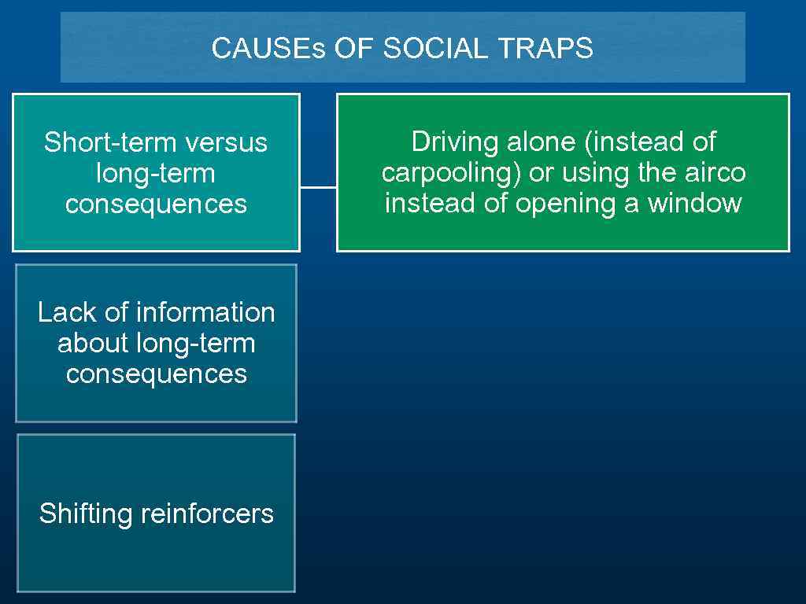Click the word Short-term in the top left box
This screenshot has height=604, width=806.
[109, 142]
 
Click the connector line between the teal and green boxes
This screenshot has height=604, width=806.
[318, 187]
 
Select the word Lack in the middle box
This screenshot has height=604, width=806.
[67, 312]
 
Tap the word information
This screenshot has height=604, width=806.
[205, 312]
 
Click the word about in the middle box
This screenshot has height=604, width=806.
[93, 343]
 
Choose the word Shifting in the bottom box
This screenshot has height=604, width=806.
[86, 514]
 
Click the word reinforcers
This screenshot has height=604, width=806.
[207, 514]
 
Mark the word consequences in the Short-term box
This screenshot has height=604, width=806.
[156, 204]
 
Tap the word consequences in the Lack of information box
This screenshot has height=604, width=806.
[156, 374]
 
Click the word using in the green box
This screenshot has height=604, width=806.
[580, 173]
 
